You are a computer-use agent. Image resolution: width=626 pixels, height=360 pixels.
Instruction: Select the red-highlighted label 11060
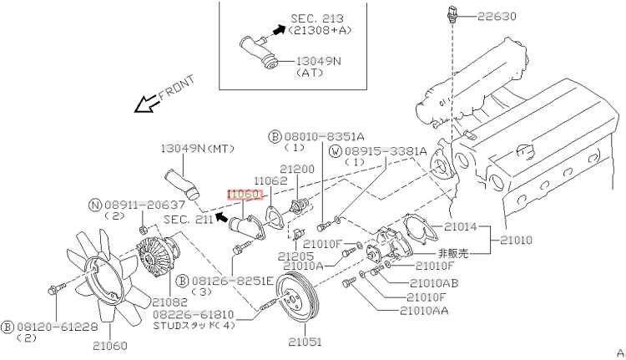(245, 195)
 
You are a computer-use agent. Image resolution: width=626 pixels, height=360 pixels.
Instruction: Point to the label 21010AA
(430, 310)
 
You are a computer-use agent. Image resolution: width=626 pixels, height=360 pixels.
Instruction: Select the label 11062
(271, 180)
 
